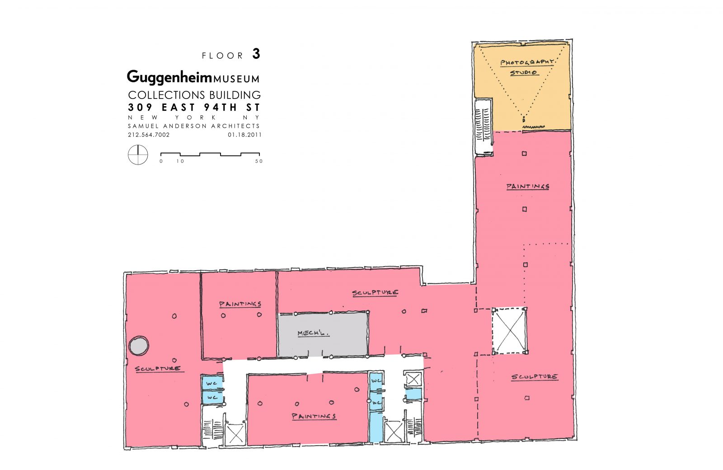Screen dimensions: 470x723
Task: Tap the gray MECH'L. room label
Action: pyautogui.click(x=313, y=334)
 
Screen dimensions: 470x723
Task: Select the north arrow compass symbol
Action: pyautogui.click(x=138, y=155)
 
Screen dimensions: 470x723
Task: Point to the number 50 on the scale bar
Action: pyautogui.click(x=258, y=161)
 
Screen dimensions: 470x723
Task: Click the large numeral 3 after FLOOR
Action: pyautogui.click(x=256, y=54)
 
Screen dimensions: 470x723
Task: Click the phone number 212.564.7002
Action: pyautogui.click(x=149, y=135)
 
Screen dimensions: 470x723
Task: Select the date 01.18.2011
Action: pyautogui.click(x=244, y=135)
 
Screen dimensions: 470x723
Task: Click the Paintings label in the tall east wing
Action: pyautogui.click(x=527, y=186)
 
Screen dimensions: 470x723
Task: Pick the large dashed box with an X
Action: pyautogui.click(x=510, y=331)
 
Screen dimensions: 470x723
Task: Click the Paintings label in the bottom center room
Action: pyautogui.click(x=314, y=416)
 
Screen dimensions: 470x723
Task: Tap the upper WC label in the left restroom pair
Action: pyautogui.click(x=212, y=383)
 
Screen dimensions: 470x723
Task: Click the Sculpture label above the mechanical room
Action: pyautogui.click(x=375, y=293)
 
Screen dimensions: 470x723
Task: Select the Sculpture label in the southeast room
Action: pyautogui.click(x=534, y=376)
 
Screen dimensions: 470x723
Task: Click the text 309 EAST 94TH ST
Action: pyautogui.click(x=194, y=108)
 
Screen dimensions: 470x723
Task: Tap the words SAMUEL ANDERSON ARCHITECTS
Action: pyautogui.click(x=194, y=126)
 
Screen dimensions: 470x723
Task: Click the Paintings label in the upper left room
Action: pyautogui.click(x=240, y=304)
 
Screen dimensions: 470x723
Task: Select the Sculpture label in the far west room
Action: pyautogui.click(x=157, y=369)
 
